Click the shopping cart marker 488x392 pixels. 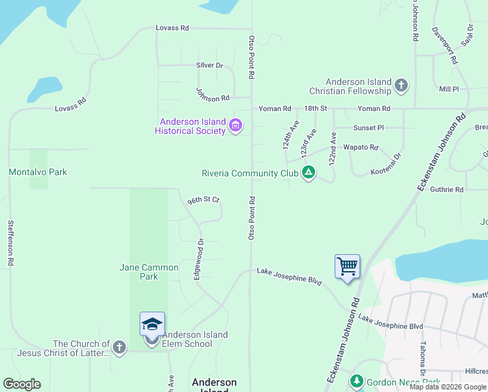[347, 267]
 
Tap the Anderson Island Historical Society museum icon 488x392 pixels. [236, 125]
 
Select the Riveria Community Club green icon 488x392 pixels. [309, 173]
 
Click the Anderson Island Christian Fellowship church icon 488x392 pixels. [401, 86]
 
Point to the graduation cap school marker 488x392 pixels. [152, 324]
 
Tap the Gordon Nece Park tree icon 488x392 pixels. [356, 381]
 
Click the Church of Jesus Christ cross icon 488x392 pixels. [119, 348]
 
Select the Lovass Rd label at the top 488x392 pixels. [172, 28]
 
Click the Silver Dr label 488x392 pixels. [209, 65]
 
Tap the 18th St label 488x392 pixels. [315, 108]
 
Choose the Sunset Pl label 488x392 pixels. [368, 128]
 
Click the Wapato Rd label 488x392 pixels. [361, 148]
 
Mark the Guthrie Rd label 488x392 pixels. [447, 189]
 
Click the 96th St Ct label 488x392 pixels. [203, 200]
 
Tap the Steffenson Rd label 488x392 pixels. [10, 242]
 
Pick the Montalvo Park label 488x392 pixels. [38, 172]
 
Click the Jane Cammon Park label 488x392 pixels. [149, 272]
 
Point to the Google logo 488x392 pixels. [22, 384]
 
